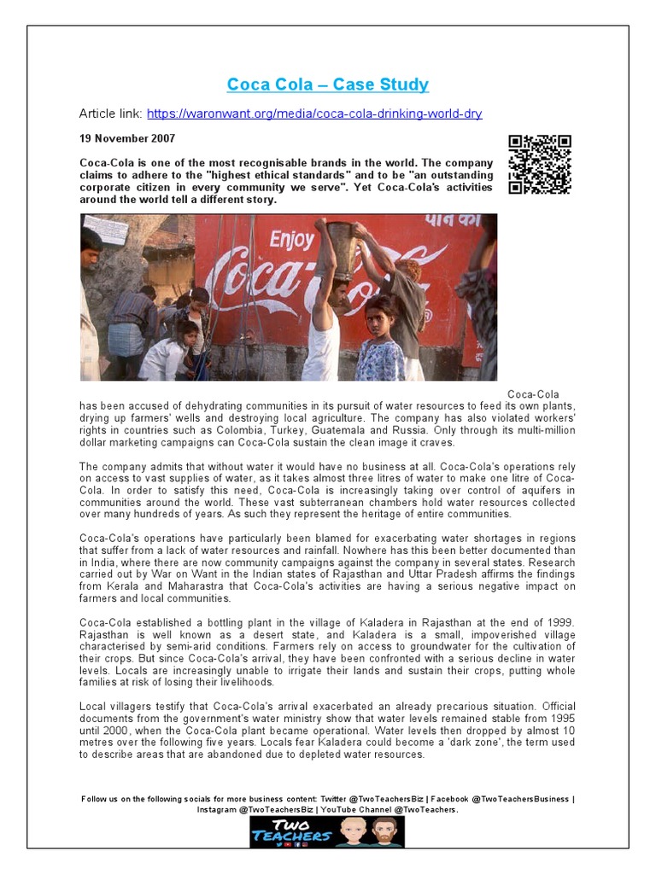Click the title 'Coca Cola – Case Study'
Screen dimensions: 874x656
click(327, 84)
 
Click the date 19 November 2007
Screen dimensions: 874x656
click(127, 138)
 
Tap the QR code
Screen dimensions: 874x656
click(540, 165)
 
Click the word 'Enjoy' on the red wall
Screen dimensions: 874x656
click(291, 238)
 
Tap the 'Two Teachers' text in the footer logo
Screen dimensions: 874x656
click(290, 830)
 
